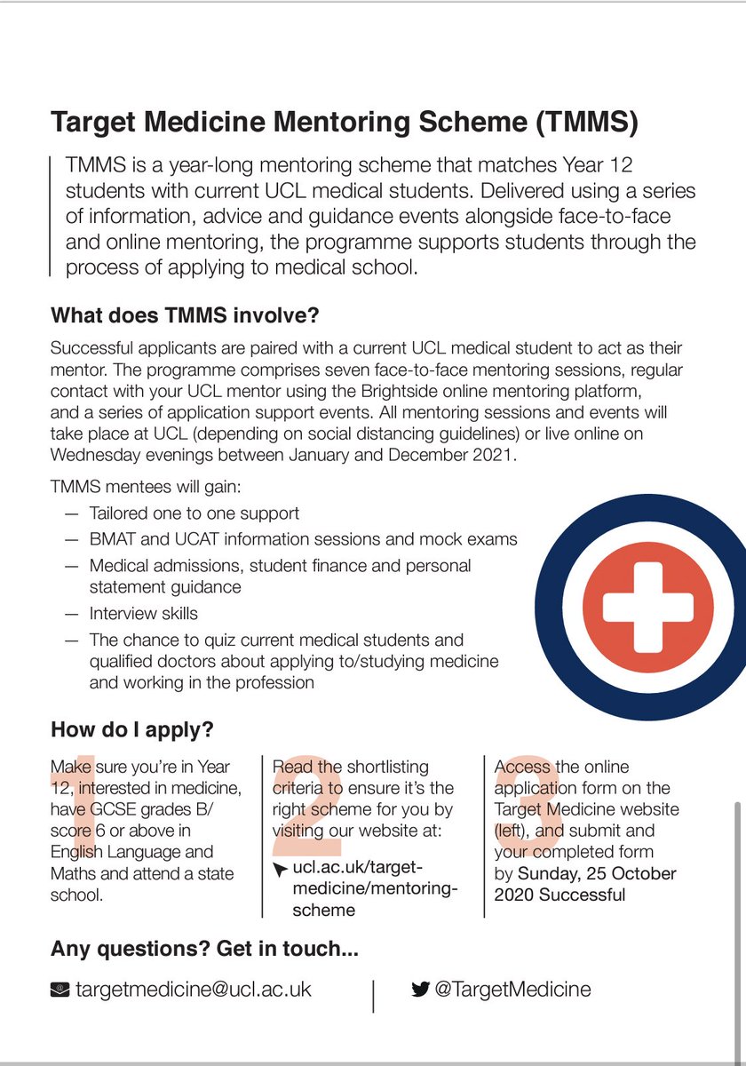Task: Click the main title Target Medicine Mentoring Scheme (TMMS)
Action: tap(345, 123)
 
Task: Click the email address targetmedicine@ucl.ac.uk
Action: tap(193, 989)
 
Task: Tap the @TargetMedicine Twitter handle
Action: tap(512, 989)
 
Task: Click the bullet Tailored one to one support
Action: tap(194, 513)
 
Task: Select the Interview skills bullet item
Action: tap(143, 613)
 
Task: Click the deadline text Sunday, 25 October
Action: tap(597, 873)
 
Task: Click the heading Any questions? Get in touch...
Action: tap(204, 949)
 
